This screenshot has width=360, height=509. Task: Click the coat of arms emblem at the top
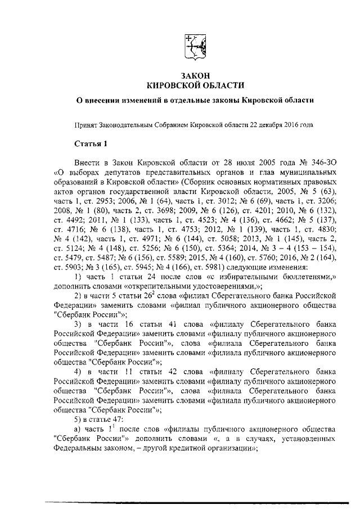(195, 46)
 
